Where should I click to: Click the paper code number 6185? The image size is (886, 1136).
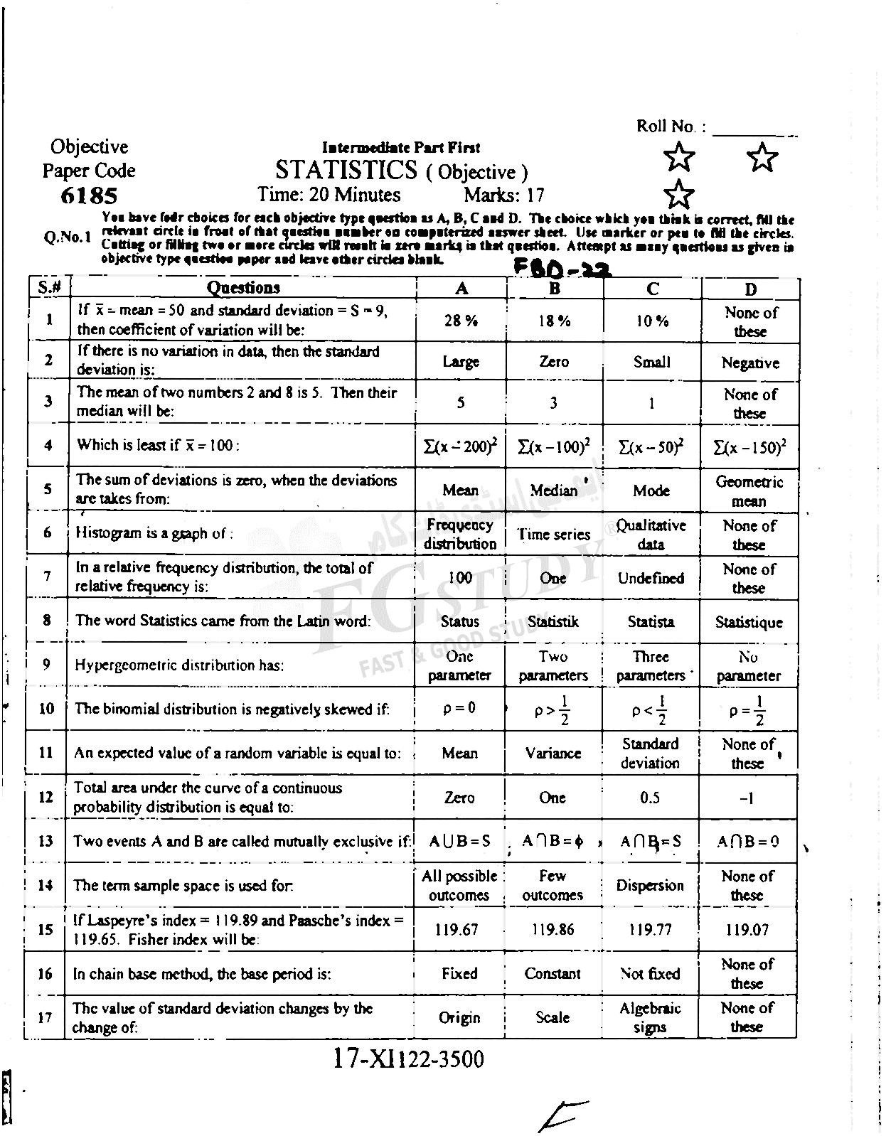pos(89,195)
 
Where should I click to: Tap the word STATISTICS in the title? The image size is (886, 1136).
pos(346,170)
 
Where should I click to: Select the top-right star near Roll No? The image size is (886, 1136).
pos(763,157)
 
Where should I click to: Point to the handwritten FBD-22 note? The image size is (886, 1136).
pos(562,269)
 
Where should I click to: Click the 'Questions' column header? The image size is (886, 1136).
pos(243,287)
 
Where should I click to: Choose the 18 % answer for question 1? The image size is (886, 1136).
pos(554,321)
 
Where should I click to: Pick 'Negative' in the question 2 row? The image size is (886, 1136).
pos(750,363)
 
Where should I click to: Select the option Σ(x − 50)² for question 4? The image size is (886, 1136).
pos(651,446)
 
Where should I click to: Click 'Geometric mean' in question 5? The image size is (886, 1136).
pos(749,491)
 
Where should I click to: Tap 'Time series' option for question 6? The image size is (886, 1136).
pos(553,535)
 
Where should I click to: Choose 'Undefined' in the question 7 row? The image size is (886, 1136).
pos(651,578)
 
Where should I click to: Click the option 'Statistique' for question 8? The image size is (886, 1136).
pos(749,623)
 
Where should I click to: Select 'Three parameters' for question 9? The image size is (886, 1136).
pos(651,666)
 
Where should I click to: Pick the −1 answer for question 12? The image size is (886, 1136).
pos(747,798)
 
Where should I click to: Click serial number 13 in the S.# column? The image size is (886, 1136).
pos(46,842)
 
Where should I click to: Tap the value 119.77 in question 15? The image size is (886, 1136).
pos(650,929)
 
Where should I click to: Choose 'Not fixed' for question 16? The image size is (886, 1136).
pos(650,973)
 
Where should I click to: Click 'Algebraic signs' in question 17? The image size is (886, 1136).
pos(650,1017)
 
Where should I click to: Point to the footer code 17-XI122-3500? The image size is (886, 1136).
pos(408,1059)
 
